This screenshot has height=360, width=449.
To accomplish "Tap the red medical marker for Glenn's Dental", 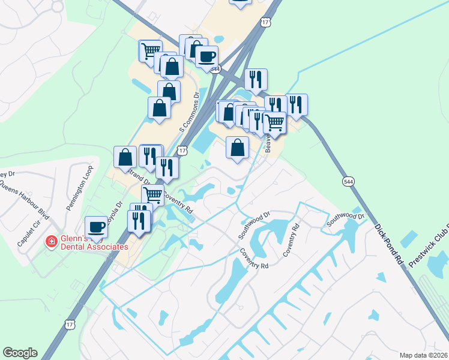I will coord(52,242).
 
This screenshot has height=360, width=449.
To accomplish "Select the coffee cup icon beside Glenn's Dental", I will coord(96,227).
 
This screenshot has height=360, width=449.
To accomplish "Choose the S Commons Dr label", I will coord(188,113).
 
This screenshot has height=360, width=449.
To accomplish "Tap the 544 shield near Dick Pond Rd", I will coord(348,181).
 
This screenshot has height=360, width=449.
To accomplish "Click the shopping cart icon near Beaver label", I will coord(274,122).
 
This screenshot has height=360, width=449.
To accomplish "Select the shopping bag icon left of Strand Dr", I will coord(125,157).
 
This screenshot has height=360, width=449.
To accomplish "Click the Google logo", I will coord(20,353).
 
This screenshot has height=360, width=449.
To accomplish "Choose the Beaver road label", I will coord(268,144).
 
